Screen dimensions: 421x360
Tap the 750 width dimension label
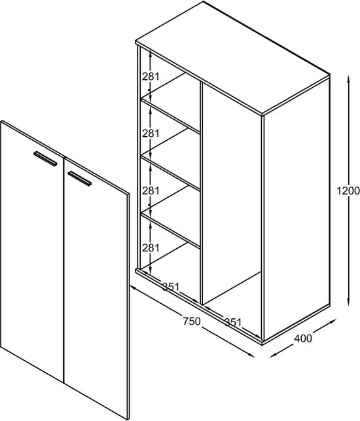click(x=191, y=321)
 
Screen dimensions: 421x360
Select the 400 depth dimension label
click(x=303, y=339)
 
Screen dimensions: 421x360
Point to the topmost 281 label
click(x=151, y=76)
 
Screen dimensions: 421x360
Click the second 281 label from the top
click(x=151, y=133)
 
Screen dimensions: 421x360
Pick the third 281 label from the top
click(x=151, y=191)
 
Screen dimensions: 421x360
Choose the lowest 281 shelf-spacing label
click(x=151, y=247)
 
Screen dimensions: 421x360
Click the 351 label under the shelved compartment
click(x=171, y=285)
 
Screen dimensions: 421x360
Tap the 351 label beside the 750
click(x=233, y=321)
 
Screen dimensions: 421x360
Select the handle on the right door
click(x=79, y=177)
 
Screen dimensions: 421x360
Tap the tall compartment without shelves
click(x=232, y=196)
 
